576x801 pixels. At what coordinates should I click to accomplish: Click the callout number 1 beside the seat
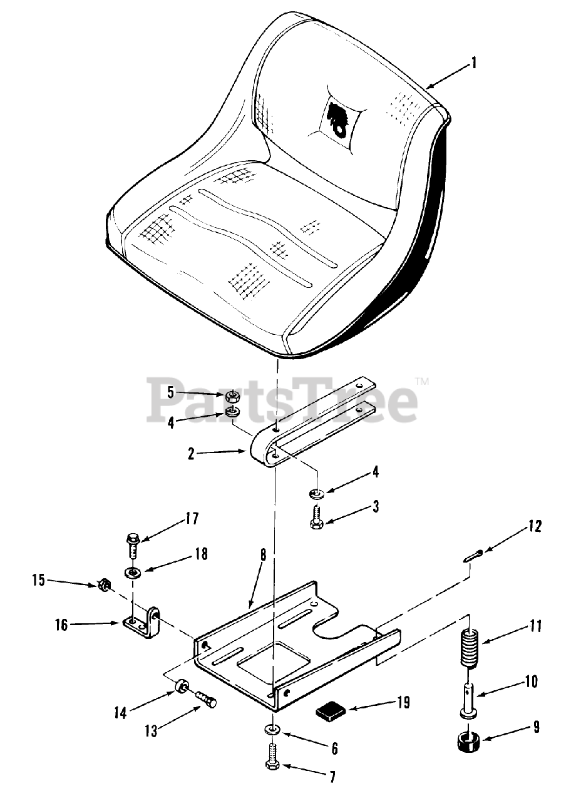tap(474, 62)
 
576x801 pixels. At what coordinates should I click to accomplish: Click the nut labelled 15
tap(105, 586)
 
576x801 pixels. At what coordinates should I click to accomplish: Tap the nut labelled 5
tap(232, 395)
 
